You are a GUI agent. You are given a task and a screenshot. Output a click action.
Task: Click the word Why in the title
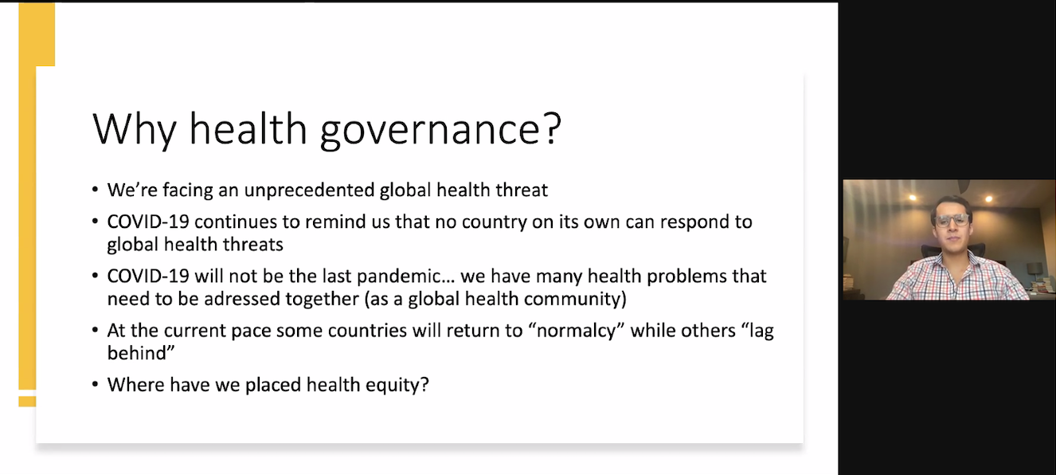tap(134, 129)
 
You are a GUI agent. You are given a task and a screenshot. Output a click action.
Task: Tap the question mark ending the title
tap(550, 128)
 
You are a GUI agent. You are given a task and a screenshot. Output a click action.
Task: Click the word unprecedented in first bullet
tap(309, 190)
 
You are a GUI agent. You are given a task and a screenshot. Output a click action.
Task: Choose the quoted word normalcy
tap(577, 331)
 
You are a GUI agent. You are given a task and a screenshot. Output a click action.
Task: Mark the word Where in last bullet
tap(135, 385)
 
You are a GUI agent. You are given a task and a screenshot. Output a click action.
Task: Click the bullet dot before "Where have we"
tap(96, 385)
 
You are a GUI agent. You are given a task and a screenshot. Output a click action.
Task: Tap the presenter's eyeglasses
tap(952, 221)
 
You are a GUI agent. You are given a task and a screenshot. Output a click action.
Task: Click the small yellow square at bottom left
tap(27, 401)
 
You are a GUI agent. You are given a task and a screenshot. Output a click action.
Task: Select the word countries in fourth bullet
tap(367, 331)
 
